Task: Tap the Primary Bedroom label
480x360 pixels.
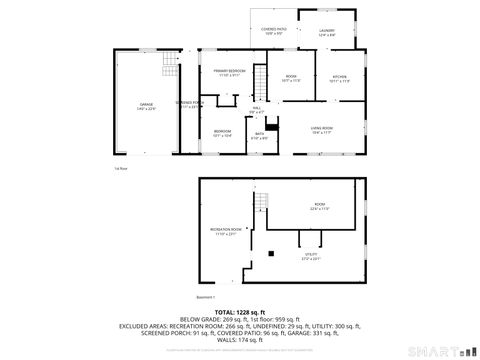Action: [230, 73]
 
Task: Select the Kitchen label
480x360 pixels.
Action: [339, 79]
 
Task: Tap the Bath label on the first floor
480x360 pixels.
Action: [259, 136]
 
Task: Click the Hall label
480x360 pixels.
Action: [256, 109]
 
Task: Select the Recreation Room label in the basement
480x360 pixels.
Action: [226, 232]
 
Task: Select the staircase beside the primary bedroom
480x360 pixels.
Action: [260, 81]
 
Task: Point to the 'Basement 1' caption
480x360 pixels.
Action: [207, 298]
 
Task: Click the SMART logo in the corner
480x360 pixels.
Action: [443, 350]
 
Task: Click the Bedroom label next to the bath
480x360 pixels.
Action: [222, 132]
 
